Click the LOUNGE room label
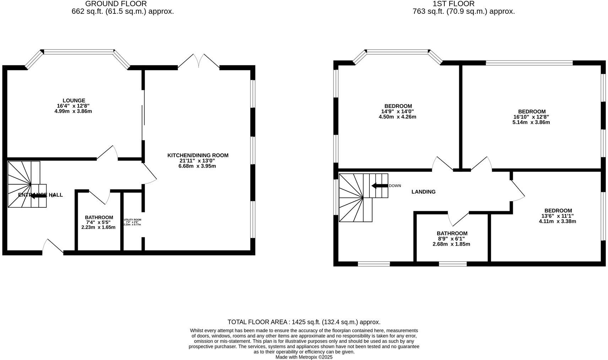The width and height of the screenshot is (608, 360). [74, 100]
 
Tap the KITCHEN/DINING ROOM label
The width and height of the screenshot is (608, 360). [198, 155]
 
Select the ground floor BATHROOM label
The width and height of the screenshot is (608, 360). [99, 217]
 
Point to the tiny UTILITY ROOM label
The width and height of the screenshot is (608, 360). [132, 220]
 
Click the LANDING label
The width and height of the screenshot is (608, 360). [423, 192]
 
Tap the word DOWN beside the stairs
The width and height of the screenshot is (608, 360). [395, 186]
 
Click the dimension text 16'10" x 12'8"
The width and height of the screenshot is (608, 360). [531, 117]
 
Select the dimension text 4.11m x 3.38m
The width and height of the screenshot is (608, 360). [557, 221]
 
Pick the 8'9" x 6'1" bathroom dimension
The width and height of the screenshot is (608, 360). [451, 239]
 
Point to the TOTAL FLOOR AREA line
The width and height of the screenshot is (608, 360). [304, 322]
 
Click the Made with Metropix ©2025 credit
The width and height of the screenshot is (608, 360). [304, 357]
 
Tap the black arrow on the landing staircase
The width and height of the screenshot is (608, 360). [379, 186]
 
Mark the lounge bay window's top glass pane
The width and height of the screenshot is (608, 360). [78, 52]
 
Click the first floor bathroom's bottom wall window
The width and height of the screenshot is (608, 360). [453, 264]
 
